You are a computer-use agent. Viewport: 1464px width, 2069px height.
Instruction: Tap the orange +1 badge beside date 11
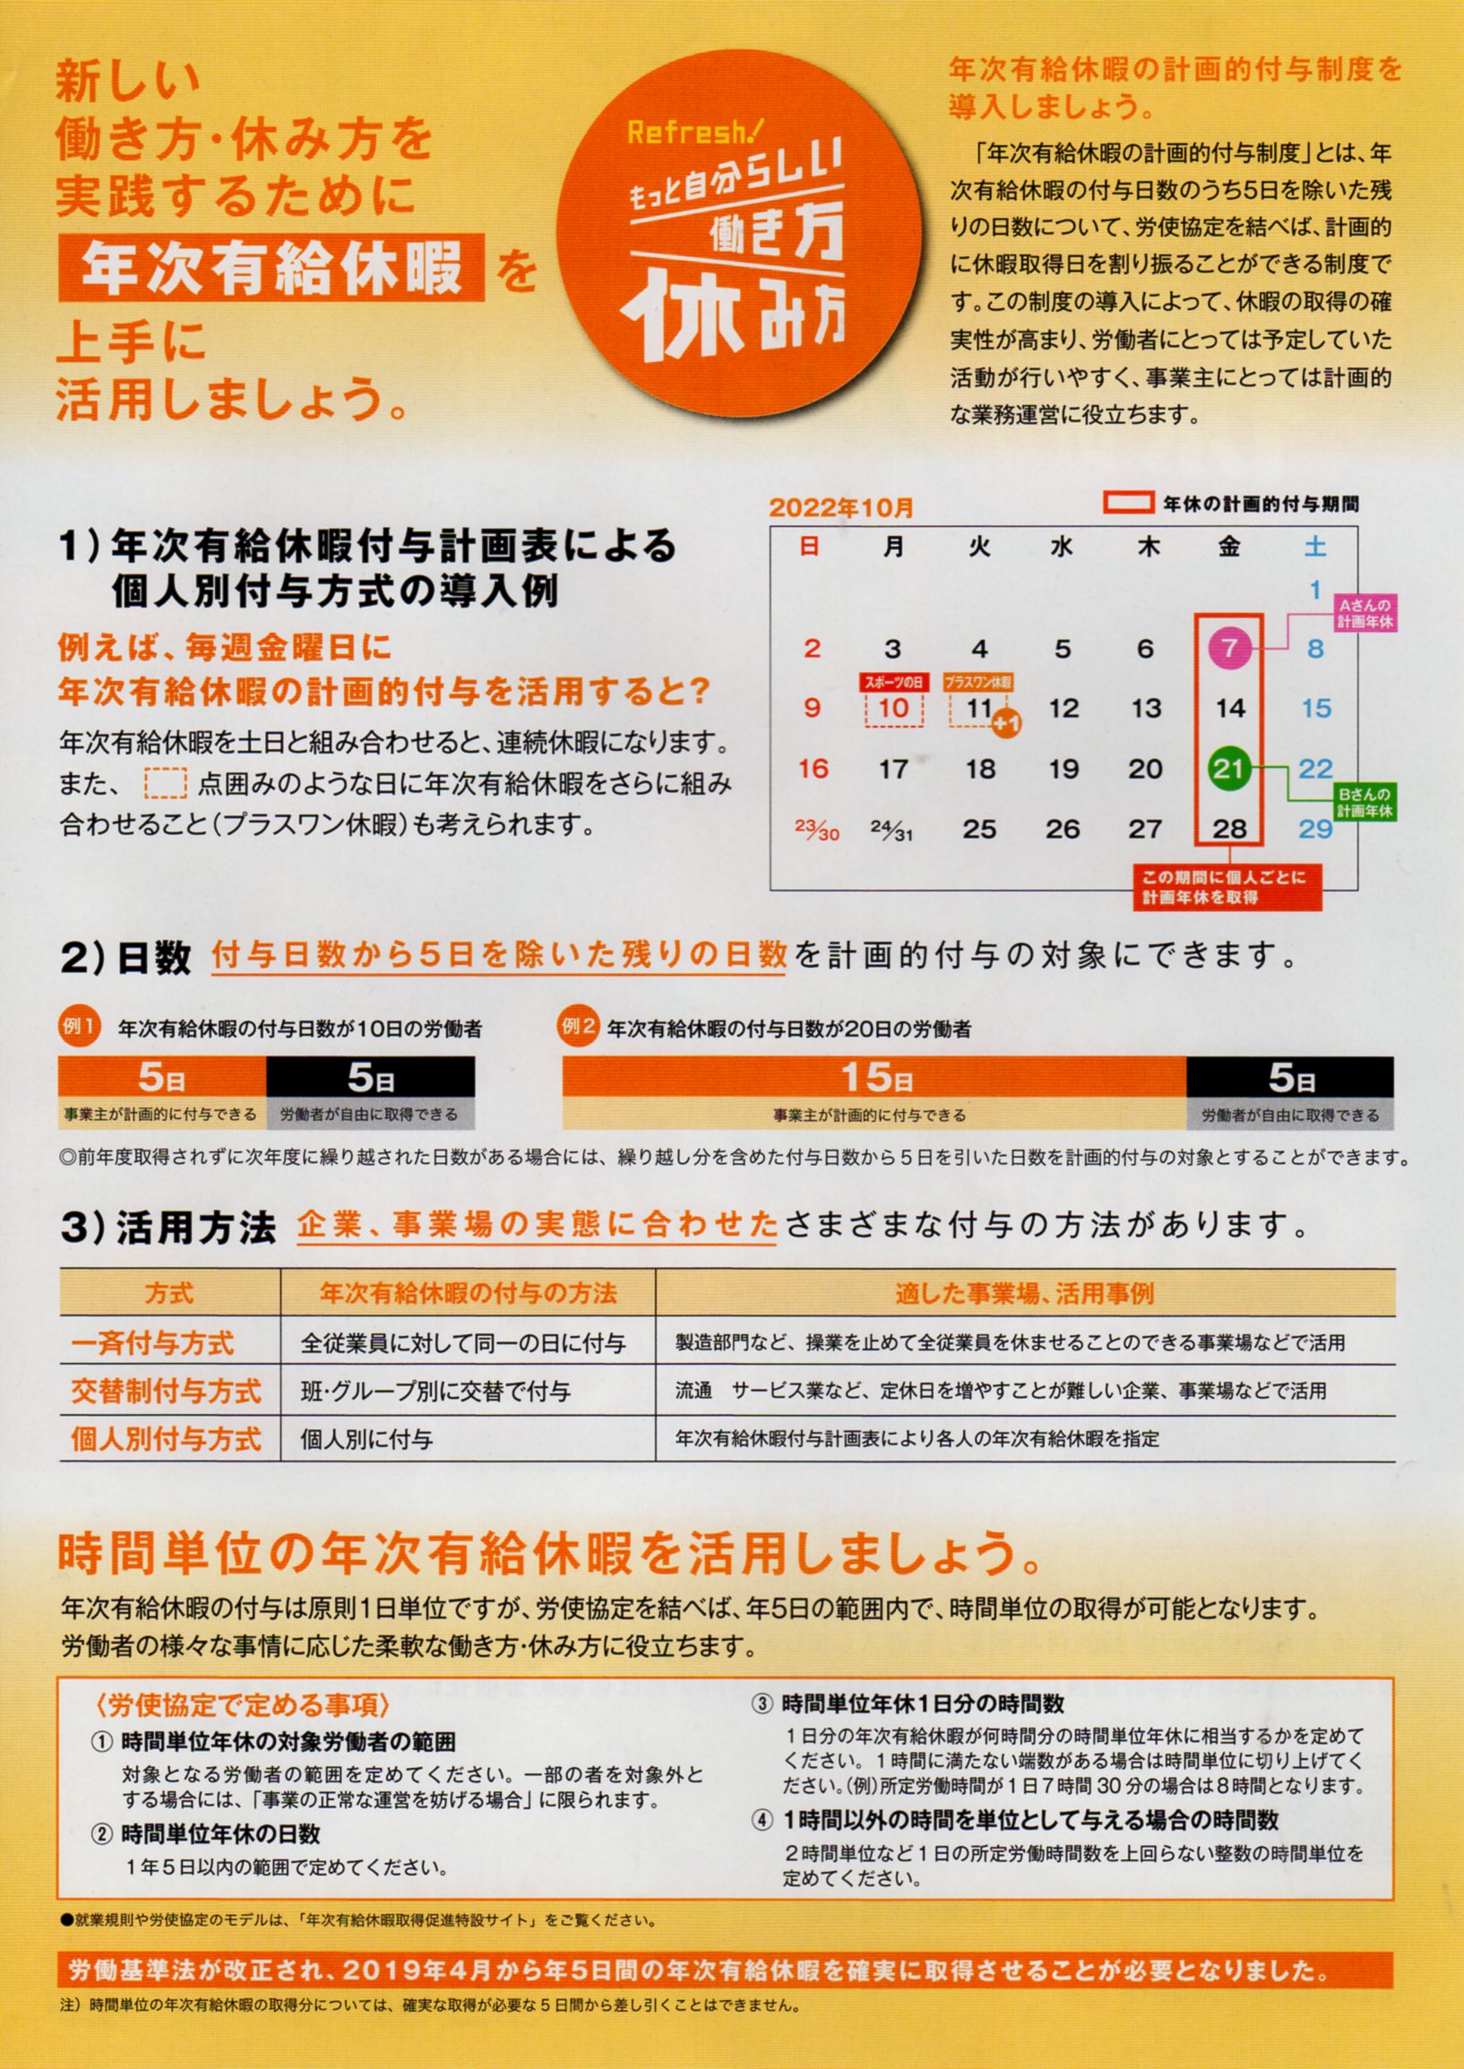tap(1007, 724)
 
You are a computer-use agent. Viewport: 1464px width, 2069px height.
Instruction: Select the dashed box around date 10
tap(893, 709)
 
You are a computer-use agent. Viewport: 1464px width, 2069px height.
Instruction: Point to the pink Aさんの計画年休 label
tap(1364, 613)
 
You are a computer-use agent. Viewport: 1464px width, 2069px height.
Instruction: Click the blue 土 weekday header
tap(1315, 547)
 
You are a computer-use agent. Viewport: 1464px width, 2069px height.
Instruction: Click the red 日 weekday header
tap(811, 547)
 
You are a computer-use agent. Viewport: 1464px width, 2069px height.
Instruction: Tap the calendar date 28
tap(1229, 829)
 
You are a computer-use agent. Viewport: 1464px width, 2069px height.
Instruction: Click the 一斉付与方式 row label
tap(152, 1343)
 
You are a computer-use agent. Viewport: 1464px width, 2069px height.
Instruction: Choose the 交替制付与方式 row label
tap(166, 1391)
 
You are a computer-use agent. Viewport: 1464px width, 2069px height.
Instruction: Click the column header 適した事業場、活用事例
tap(1024, 1295)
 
